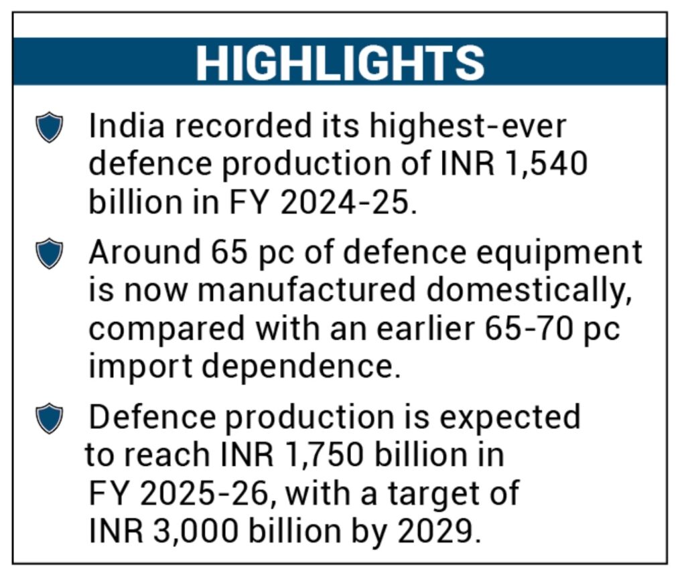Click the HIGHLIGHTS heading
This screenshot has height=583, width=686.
[x=340, y=63]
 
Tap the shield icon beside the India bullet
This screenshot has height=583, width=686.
[x=49, y=127]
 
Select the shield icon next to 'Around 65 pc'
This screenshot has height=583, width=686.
[x=49, y=253]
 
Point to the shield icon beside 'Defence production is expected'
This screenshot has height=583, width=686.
[x=49, y=418]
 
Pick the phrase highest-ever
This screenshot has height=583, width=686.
[x=468, y=126]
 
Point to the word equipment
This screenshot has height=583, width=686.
[x=559, y=254]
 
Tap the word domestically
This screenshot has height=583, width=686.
[x=529, y=292]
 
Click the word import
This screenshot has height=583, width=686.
[x=141, y=367]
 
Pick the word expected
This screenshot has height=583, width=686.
[x=510, y=418]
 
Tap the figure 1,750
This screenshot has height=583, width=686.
[x=323, y=455]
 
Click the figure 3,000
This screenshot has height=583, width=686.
[x=196, y=531]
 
